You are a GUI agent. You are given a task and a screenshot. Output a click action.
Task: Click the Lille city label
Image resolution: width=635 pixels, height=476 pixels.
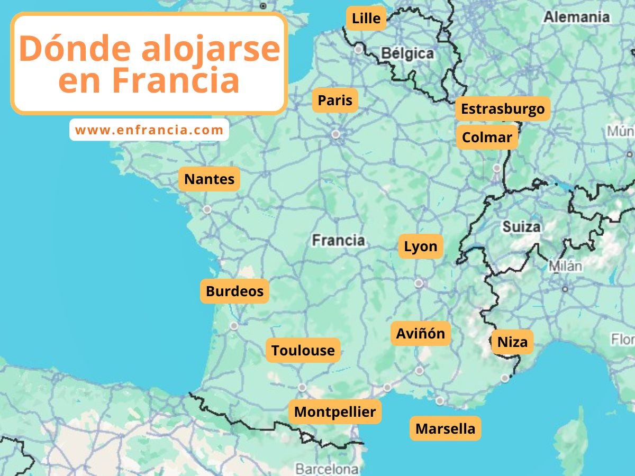point(366,19)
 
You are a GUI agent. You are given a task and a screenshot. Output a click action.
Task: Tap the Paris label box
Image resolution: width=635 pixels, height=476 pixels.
point(335,100)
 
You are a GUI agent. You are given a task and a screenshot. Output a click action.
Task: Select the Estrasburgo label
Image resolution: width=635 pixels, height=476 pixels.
point(503,109)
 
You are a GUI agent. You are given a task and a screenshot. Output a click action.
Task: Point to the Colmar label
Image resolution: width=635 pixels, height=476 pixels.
point(487,138)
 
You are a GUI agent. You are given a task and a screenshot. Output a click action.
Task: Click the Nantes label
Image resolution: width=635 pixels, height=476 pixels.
point(209,179)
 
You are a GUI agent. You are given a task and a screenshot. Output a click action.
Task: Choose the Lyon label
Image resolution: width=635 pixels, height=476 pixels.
point(421,246)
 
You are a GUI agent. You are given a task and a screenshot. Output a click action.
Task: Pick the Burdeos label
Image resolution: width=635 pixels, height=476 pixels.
point(234,291)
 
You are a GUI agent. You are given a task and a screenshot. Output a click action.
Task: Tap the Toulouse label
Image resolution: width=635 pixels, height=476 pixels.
point(303,350)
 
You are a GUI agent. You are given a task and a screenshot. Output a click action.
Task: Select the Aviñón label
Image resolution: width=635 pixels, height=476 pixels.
point(421,334)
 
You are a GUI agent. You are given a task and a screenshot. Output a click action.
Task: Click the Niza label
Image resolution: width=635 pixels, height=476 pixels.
point(512,342)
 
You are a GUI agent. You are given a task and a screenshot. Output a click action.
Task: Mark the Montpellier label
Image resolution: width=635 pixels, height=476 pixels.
point(335,411)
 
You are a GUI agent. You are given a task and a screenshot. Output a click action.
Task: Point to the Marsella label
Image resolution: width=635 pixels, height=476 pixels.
point(445,428)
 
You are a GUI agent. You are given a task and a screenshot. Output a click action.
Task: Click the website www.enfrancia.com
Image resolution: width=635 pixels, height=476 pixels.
point(149,130)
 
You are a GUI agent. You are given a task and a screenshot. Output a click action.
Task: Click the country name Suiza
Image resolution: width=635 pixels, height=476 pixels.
point(521,227)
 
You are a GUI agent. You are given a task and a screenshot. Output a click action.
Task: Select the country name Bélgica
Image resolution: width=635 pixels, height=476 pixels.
point(407,53)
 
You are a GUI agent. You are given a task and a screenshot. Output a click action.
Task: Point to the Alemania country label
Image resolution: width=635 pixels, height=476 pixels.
point(576,17)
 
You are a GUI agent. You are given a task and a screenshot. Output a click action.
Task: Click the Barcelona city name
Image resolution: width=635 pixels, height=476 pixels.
point(326,469)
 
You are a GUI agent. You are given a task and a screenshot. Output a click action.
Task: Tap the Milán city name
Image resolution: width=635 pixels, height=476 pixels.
point(565,266)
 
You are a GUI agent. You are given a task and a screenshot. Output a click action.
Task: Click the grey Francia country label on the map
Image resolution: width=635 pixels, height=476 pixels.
point(338,240)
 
